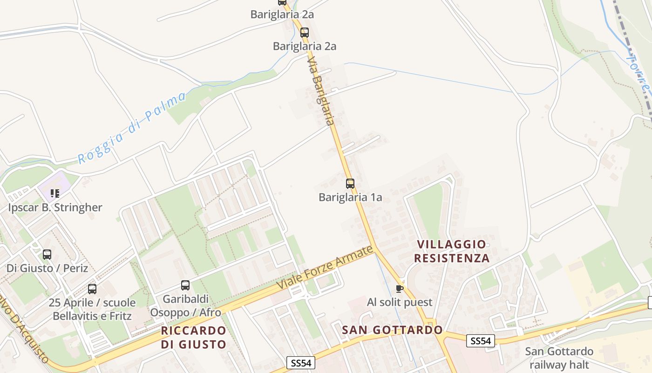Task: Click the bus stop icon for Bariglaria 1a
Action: (x=350, y=184)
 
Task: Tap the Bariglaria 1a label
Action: (x=350, y=197)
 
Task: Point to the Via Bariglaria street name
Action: (x=321, y=91)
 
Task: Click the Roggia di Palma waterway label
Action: (x=131, y=127)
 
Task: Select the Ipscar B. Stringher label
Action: (x=55, y=207)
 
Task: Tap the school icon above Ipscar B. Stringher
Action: (x=55, y=193)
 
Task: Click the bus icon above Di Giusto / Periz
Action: (x=47, y=255)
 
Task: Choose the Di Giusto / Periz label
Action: (x=47, y=268)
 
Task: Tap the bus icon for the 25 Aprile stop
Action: (x=92, y=289)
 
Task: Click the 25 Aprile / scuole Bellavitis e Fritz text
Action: (x=92, y=309)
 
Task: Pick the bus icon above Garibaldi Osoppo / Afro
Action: (x=185, y=285)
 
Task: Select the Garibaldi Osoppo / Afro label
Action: (x=185, y=305)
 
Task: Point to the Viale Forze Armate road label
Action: (x=325, y=267)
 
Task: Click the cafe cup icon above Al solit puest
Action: (x=399, y=289)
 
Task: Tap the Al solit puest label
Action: (x=400, y=302)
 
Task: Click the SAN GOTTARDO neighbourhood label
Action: (x=392, y=330)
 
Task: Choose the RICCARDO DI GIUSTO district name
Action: (x=193, y=338)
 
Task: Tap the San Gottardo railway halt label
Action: (x=559, y=358)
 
